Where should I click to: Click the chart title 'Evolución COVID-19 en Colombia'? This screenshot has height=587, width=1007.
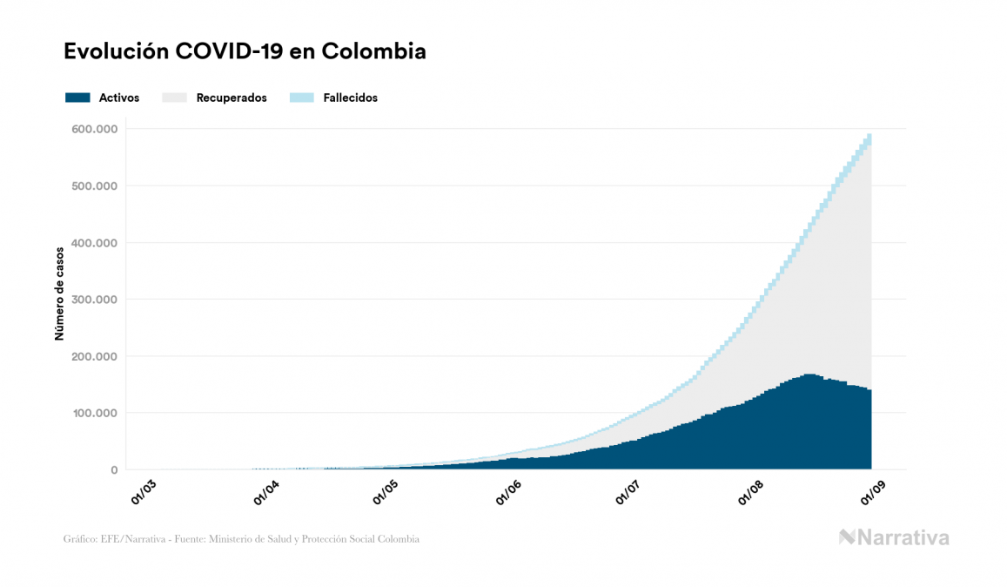click(x=245, y=51)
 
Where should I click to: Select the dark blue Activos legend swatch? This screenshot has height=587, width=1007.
click(x=77, y=98)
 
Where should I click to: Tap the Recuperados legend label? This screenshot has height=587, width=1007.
click(x=232, y=98)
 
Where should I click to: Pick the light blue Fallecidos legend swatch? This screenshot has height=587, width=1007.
click(x=301, y=98)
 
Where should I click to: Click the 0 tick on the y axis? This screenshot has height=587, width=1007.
click(x=113, y=470)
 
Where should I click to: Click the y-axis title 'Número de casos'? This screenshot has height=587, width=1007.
click(x=60, y=299)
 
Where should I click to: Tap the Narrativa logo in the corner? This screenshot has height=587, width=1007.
click(x=894, y=537)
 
